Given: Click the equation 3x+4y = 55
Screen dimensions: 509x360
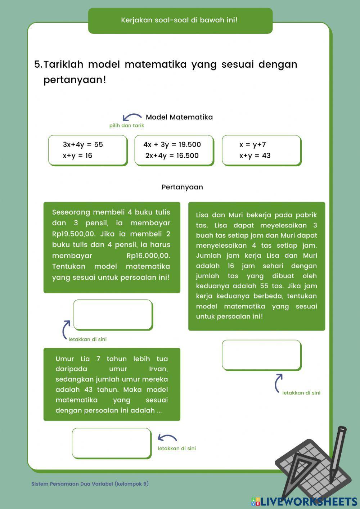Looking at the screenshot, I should pyautogui.click(x=83, y=144).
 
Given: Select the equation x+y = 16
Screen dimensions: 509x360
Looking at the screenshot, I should pyautogui.click(x=77, y=156).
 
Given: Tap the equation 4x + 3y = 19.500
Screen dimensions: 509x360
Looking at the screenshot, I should pyautogui.click(x=172, y=144).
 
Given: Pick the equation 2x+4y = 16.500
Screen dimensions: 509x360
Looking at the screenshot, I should pyautogui.click(x=172, y=156).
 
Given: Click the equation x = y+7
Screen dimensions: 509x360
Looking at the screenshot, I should pyautogui.click(x=253, y=144).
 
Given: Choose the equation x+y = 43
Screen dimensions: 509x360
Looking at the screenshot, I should pyautogui.click(x=255, y=156).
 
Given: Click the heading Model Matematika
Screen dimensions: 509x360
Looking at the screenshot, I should pyautogui.click(x=179, y=117).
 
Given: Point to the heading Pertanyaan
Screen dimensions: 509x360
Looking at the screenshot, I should pyautogui.click(x=182, y=187).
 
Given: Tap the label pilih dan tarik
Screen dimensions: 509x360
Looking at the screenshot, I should pyautogui.click(x=127, y=126).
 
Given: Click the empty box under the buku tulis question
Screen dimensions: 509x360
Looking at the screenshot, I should pyautogui.click(x=113, y=315).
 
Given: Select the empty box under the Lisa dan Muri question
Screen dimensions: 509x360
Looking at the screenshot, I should pyautogui.click(x=261, y=355).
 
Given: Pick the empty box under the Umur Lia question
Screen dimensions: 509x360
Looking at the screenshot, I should pyautogui.click(x=111, y=443).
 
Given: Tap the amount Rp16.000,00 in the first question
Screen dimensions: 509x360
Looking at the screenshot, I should pyautogui.click(x=148, y=256).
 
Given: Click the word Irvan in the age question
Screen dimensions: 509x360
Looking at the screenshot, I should pyautogui.click(x=158, y=369).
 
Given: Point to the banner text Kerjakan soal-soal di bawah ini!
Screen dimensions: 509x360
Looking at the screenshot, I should pyautogui.click(x=179, y=20).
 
